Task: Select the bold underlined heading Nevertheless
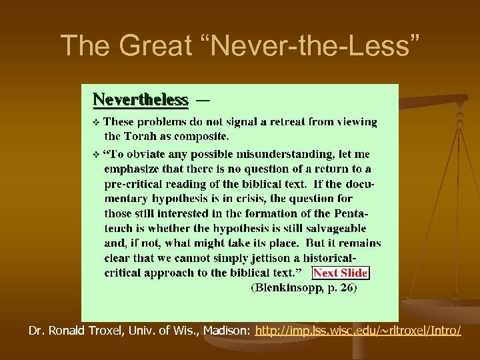coord(141,100)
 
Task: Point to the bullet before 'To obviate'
coord(96,154)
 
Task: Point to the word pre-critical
coord(135,184)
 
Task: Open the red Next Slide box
coord(341,272)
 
